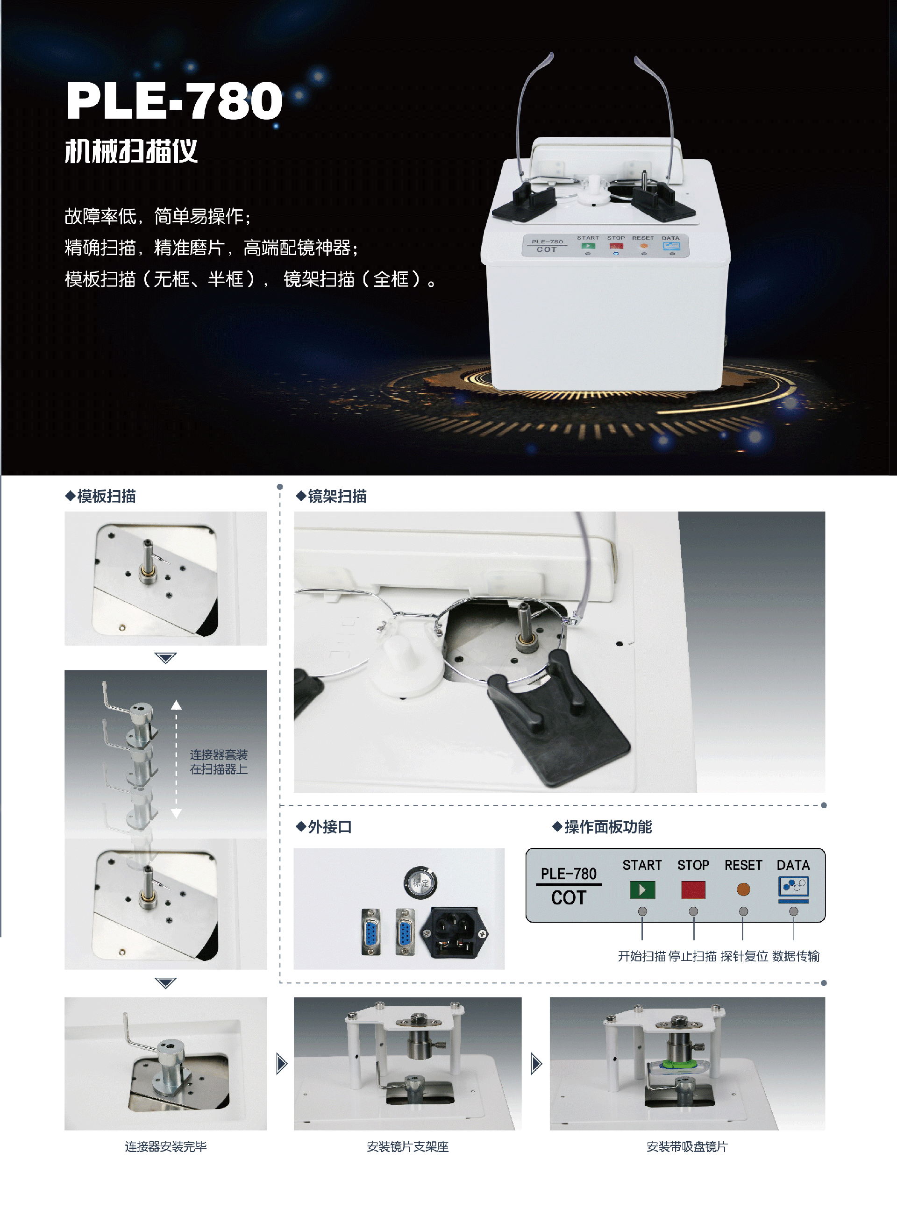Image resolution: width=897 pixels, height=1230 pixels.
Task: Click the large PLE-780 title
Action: tap(174, 101)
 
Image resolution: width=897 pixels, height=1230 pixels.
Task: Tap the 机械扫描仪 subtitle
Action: tap(131, 151)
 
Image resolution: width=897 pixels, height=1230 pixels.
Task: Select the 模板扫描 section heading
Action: tap(100, 496)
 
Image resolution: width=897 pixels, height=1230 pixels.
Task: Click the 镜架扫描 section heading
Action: tap(331, 496)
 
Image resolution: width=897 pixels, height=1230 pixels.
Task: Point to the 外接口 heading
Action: tap(324, 827)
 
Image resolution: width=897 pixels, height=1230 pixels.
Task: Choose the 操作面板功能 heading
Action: tap(602, 827)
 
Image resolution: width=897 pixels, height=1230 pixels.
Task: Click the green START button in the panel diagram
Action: tap(642, 889)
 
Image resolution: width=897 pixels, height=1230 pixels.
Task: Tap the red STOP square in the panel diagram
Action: tap(693, 889)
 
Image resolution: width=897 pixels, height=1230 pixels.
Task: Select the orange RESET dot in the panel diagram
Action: tap(743, 889)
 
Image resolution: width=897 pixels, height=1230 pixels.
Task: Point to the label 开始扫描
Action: tap(642, 956)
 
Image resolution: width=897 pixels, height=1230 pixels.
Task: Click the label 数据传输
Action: tap(796, 956)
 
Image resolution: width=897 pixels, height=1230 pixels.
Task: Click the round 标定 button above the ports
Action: tap(420, 882)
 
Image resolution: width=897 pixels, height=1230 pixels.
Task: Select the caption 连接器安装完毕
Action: tap(165, 1146)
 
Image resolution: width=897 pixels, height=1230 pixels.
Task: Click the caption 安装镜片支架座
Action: tap(408, 1146)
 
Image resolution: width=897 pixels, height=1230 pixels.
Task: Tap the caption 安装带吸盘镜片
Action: tap(687, 1146)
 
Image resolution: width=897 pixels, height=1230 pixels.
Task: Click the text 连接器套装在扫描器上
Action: tap(219, 761)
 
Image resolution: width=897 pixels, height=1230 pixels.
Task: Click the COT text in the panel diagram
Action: tap(569, 898)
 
